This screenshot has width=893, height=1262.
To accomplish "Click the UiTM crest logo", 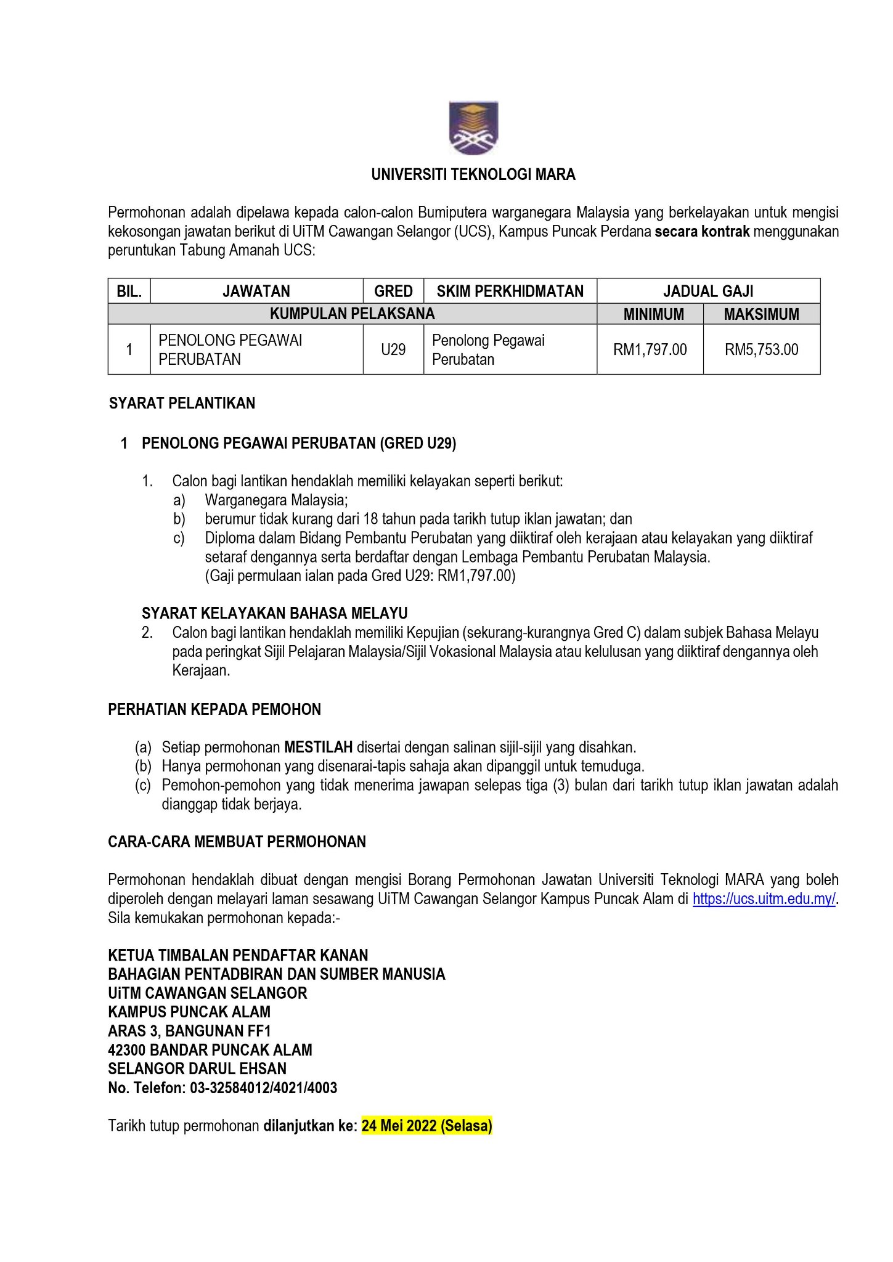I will [x=473, y=128].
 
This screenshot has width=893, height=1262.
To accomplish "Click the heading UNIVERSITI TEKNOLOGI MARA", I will [x=473, y=175].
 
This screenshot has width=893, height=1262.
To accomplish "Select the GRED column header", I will [x=393, y=291].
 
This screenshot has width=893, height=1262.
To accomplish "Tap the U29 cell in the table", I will [x=393, y=350].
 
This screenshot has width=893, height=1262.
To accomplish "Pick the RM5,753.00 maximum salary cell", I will [x=761, y=350].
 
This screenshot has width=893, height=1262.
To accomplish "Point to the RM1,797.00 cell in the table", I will [x=650, y=350].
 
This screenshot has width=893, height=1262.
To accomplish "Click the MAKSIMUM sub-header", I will [x=761, y=314].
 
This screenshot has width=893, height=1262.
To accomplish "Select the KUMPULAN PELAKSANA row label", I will [x=352, y=314].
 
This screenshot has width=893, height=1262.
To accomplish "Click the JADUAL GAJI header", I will [x=708, y=291].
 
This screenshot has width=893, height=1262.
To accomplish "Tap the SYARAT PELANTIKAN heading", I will [x=182, y=404].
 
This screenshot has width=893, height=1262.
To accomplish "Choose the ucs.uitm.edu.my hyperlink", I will [x=764, y=899].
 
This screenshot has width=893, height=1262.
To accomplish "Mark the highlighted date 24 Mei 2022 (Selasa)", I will [x=426, y=1126].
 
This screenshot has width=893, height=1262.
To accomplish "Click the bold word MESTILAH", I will [x=318, y=747].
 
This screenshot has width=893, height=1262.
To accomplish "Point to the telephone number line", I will [x=222, y=1088].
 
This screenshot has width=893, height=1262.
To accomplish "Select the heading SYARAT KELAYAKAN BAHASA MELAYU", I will [x=274, y=613].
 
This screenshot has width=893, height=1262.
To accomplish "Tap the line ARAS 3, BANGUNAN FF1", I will [x=189, y=1030].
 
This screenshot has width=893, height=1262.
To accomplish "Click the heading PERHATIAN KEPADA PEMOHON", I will [x=214, y=709].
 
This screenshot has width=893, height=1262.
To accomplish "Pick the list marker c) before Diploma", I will [x=179, y=538].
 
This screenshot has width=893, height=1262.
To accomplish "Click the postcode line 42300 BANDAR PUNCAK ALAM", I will [x=210, y=1049].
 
